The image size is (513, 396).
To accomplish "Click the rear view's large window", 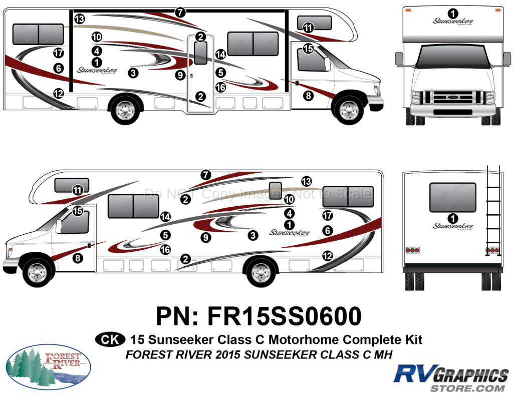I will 453,196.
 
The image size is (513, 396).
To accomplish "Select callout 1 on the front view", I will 453,13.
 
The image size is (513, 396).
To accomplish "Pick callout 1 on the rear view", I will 453,218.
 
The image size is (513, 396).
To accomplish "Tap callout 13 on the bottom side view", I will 306,181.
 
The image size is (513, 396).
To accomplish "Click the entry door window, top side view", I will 200,53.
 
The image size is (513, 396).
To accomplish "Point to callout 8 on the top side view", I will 309,95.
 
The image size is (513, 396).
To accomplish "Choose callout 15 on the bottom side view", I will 78,211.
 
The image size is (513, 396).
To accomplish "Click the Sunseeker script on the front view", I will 453,22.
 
